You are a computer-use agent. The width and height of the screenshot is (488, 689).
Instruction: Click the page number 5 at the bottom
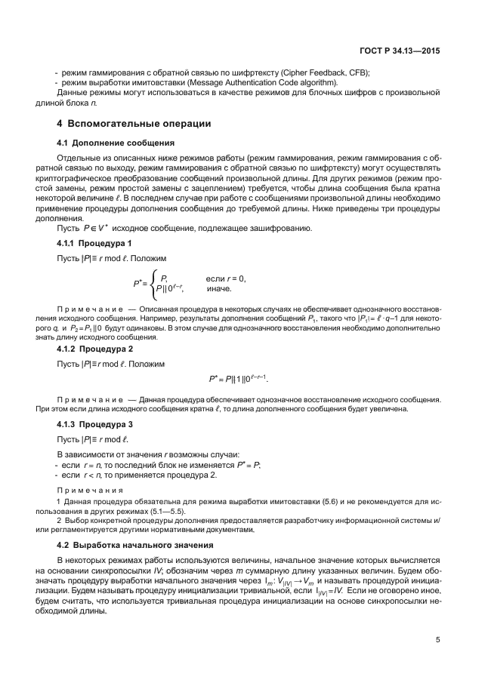pyautogui.click(x=437, y=641)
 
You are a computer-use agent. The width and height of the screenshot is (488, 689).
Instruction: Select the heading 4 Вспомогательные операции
pyautogui.click(x=134, y=124)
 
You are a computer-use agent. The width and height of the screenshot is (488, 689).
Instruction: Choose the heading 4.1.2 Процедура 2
pyautogui.click(x=95, y=349)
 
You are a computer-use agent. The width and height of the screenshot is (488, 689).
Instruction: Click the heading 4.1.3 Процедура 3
pyautogui.click(x=95, y=425)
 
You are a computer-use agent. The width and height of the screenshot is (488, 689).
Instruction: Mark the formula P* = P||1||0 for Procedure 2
pyautogui.click(x=238, y=378)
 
